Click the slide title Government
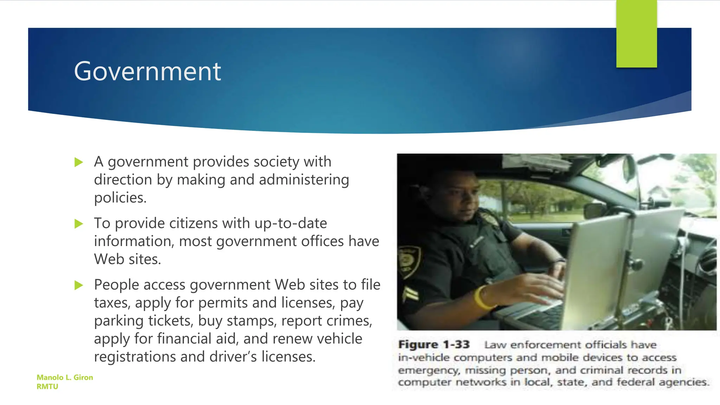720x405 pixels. tap(147, 71)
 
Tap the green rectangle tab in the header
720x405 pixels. tap(636, 34)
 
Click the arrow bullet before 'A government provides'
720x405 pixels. tap(79, 162)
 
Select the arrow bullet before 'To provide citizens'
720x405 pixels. tap(79, 224)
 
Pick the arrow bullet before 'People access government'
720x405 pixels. tap(79, 285)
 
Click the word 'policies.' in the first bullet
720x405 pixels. tap(120, 198)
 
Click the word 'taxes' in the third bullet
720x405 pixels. tap(112, 303)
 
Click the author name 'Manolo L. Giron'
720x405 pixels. tap(65, 378)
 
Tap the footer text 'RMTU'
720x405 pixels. tap(47, 387)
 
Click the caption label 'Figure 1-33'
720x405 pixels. tap(434, 345)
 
